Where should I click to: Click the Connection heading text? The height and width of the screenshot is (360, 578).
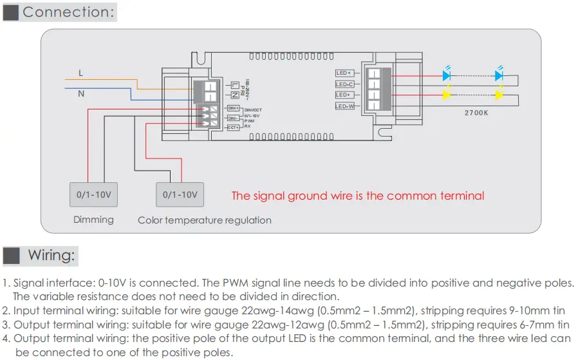(70, 12)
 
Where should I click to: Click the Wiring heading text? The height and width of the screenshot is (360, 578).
(52, 255)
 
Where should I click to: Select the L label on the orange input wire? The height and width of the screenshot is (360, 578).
(80, 73)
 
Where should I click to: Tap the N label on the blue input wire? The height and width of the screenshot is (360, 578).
(81, 94)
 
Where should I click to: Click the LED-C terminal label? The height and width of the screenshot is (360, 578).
(344, 84)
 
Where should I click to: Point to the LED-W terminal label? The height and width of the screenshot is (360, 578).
(345, 106)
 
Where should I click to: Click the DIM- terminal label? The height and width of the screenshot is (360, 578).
(233, 118)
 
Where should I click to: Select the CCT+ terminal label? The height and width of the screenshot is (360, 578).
(233, 128)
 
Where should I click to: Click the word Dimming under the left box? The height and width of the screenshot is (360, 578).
(93, 220)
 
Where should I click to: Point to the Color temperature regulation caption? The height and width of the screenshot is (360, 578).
(205, 220)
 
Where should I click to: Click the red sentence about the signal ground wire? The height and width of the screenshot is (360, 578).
(358, 196)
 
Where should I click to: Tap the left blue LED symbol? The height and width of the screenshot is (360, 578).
(446, 75)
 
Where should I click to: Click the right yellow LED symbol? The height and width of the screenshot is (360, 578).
(499, 95)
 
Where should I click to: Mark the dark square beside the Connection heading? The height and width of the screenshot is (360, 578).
(11, 12)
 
